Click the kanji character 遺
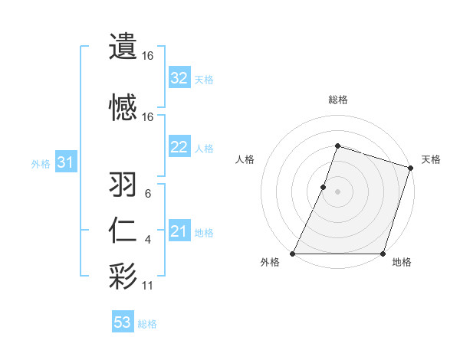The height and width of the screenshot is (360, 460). point(123,46)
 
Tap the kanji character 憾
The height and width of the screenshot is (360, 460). point(123,107)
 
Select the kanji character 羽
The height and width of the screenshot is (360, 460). point(123,185)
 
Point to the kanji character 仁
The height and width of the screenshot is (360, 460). point(123,231)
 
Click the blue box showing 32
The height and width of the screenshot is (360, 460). point(179,78)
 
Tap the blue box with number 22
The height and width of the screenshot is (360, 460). point(179,147)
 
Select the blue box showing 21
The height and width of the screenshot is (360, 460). point(179,231)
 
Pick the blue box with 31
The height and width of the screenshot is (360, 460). point(65,162)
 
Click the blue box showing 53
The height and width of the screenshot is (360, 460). point(123,322)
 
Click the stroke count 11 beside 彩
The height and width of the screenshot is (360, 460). point(149,286)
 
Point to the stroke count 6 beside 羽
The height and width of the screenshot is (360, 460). point(148,194)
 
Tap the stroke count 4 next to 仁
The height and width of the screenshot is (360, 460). point(148,240)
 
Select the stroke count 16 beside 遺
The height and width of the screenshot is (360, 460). point(148,56)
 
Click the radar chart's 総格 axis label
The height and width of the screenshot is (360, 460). point(337,100)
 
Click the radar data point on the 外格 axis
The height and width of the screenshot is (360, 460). point(293,254)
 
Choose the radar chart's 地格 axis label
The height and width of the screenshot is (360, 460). point(402,263)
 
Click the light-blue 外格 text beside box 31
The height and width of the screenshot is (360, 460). point(40,163)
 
